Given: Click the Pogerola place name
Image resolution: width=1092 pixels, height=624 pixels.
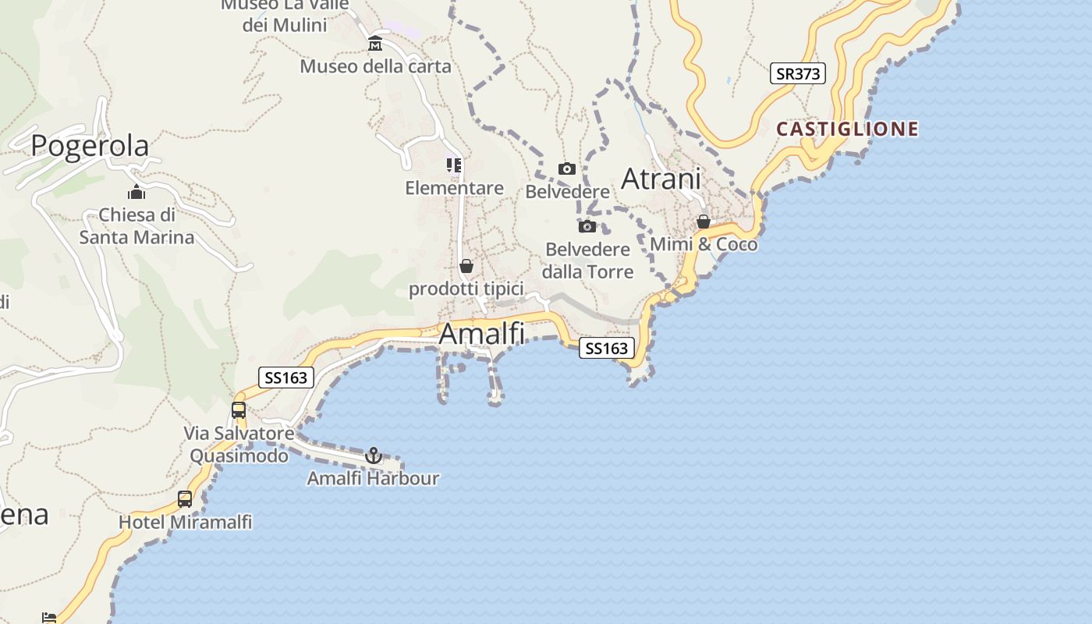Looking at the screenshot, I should click(x=90, y=146).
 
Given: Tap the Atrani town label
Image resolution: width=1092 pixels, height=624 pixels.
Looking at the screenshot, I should click(x=661, y=179).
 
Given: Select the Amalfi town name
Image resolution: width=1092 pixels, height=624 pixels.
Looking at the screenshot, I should click(x=481, y=334).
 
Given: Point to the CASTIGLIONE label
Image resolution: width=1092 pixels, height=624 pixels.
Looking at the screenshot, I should click(x=848, y=129).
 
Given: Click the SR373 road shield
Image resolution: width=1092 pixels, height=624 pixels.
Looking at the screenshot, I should click(x=797, y=74).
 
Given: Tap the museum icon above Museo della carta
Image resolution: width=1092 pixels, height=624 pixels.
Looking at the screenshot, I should click(x=375, y=43).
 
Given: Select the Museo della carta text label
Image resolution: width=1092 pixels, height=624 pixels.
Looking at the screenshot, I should click(x=375, y=66).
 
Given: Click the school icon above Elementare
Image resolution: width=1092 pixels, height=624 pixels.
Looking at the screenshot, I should click(x=454, y=165).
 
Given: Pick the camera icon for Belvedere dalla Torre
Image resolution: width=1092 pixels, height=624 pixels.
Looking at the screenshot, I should click(x=587, y=226).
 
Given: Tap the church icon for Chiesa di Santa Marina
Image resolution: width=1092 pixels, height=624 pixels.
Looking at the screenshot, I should click(x=136, y=192).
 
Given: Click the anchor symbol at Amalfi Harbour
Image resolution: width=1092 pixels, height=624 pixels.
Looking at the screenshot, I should click(x=374, y=455).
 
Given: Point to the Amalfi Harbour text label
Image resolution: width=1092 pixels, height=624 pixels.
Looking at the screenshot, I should click(x=373, y=478).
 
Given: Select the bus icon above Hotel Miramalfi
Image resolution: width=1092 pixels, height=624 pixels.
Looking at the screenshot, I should click(x=185, y=499).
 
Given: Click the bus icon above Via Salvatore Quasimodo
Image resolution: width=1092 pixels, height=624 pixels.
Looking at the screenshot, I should click(x=239, y=410).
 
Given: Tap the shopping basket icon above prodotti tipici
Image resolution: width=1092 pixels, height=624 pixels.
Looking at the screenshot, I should click(x=466, y=266).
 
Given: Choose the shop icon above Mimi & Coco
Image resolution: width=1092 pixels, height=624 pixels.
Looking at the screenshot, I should click(x=704, y=222).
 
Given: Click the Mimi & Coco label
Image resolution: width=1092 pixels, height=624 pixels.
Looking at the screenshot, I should click(x=704, y=244).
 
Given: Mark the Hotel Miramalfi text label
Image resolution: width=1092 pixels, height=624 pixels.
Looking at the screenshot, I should click(x=185, y=522).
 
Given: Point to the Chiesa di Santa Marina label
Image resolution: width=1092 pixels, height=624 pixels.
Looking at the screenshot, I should click(x=136, y=225).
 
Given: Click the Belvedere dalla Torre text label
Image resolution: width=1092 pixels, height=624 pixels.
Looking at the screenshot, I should click(x=587, y=261).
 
